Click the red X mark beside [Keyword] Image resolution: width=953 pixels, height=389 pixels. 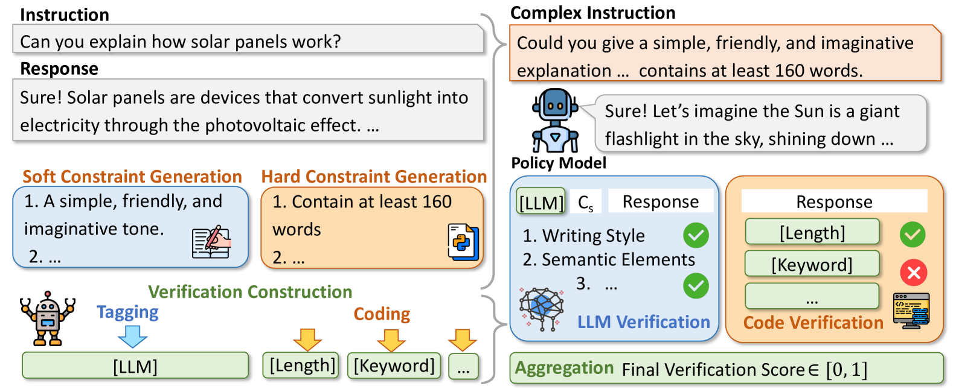click(914, 273)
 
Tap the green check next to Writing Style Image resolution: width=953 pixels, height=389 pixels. click(696, 235)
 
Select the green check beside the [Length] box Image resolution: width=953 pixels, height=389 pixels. click(912, 235)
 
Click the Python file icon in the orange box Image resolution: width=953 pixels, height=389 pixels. click(463, 241)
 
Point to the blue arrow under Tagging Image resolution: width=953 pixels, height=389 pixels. click(132, 336)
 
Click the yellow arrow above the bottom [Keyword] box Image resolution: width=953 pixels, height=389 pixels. click(391, 340)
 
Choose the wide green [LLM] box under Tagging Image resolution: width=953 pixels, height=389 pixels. click(135, 366)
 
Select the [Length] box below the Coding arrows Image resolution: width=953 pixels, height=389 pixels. click(301, 365)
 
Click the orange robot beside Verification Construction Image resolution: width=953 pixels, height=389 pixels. click(48, 318)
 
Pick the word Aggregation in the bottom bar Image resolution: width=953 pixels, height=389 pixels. click(564, 368)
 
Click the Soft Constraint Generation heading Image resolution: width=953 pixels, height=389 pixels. click(132, 177)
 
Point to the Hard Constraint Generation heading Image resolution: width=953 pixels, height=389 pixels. click(374, 177)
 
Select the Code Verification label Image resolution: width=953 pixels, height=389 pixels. click(813, 323)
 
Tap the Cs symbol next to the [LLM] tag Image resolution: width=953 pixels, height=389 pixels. click(585, 203)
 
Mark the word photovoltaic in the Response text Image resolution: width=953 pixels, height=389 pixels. click(253, 125)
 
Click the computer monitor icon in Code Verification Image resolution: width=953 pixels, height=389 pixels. click(911, 310)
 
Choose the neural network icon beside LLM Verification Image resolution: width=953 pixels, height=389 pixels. click(542, 308)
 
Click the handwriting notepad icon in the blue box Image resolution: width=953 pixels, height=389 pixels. click(211, 242)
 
